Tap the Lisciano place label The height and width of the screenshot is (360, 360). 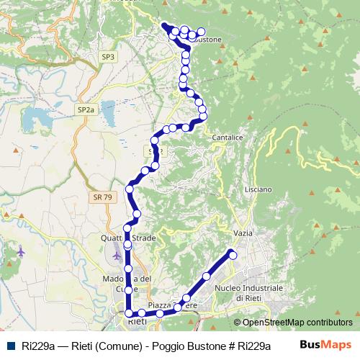(x=258, y=189)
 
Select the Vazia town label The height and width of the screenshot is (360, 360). (x=243, y=233)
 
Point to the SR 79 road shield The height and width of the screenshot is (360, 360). (x=102, y=197)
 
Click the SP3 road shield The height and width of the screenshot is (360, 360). (x=108, y=56)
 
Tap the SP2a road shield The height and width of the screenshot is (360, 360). (x=86, y=109)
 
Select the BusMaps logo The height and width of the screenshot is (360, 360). (x=325, y=344)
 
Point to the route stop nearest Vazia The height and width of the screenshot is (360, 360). (x=233, y=253)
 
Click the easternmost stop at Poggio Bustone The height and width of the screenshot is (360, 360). (x=201, y=32)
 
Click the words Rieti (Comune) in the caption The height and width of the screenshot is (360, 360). (x=102, y=345)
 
